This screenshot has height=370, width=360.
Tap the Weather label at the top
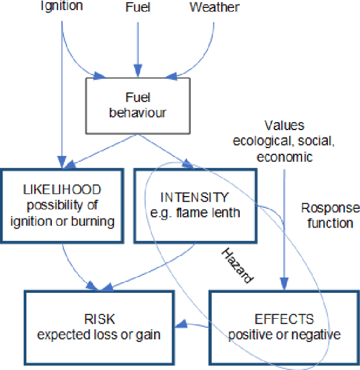(214, 7)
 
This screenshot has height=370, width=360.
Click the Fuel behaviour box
(138, 105)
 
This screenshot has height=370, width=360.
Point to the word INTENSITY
(195, 197)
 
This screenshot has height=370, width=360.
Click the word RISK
(98, 319)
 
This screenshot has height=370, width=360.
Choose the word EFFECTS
(284, 319)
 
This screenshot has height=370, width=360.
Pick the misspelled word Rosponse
(330, 208)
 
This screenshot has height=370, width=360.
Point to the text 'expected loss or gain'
(98, 335)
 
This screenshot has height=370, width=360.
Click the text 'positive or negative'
(284, 335)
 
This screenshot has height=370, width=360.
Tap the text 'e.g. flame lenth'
(195, 213)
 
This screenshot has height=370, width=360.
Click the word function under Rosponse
(330, 223)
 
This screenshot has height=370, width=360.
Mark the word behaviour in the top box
(138, 113)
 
